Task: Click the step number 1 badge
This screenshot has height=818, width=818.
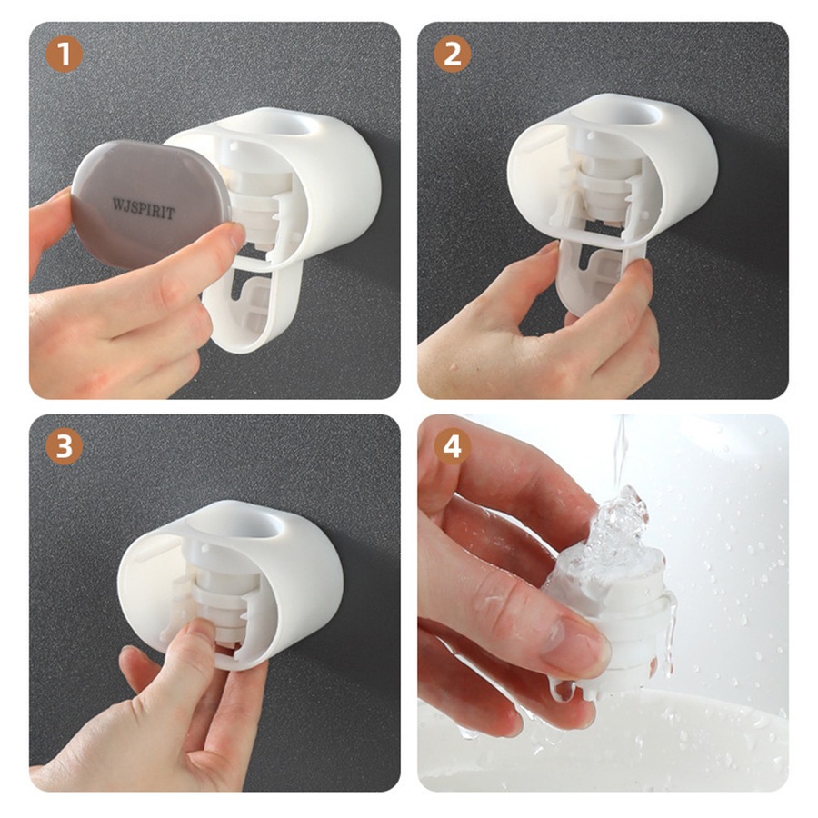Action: point(64,55)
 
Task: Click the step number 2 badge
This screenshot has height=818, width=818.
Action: point(452,55)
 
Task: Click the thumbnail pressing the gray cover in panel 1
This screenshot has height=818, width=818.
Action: point(230,238)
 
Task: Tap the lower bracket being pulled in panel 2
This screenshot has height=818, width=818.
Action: point(600,277)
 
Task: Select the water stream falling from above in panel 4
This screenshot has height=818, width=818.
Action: point(622,450)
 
